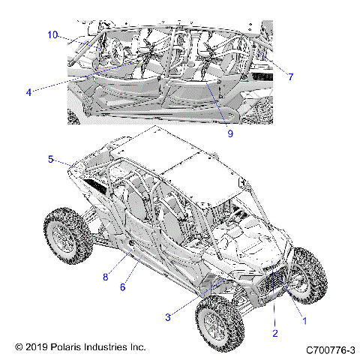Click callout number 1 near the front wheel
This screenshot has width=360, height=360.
[x=304, y=320]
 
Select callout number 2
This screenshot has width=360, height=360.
[x=275, y=333]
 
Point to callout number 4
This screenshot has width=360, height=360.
[x=28, y=92]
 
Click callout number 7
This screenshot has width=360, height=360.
[x=290, y=76]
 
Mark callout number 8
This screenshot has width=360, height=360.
[x=106, y=277]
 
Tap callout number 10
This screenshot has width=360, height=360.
[x=52, y=34]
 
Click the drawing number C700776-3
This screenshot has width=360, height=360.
[x=330, y=349]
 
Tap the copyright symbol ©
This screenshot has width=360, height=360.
[x=19, y=347]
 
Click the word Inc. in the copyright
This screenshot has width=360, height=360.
[x=138, y=347]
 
